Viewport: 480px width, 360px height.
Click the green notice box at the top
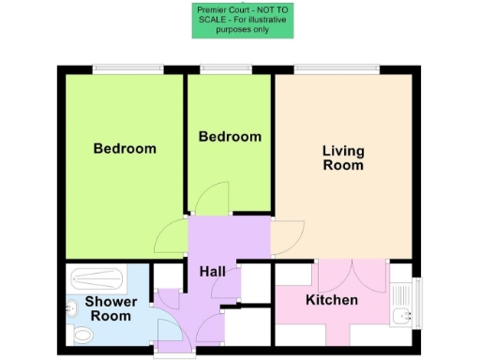tap(244, 20)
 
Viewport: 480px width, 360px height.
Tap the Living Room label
tap(343, 157)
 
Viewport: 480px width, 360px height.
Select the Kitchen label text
tap(332, 300)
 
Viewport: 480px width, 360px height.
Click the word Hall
tap(212, 271)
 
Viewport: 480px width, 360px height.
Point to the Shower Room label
tap(112, 309)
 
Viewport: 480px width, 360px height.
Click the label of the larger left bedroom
tap(125, 148)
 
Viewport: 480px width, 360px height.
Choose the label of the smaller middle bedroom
tap(230, 137)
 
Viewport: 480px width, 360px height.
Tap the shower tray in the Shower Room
tap(97, 278)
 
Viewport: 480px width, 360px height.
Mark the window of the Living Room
tap(337, 67)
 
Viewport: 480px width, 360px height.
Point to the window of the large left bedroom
tap(128, 67)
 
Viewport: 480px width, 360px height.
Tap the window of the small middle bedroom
tap(225, 67)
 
